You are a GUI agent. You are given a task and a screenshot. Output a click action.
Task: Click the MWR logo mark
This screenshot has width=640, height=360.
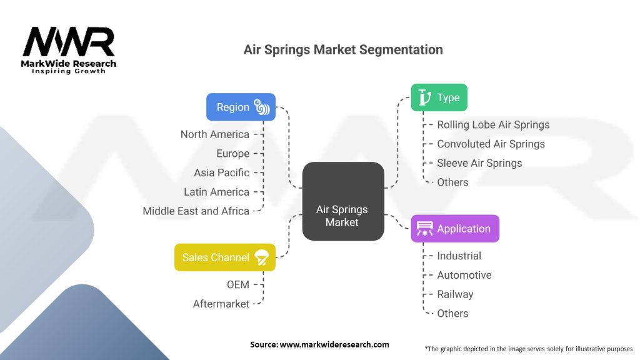(69, 42)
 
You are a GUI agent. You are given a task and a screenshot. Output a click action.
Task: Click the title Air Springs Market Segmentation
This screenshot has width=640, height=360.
(343, 50)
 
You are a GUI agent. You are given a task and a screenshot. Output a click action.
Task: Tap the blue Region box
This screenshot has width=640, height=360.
(241, 107)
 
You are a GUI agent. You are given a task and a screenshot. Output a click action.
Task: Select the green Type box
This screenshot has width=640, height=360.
(439, 97)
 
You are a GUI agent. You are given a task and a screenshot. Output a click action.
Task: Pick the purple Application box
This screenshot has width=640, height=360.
(455, 229)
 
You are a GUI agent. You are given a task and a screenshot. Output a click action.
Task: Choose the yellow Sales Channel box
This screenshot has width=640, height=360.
(225, 257)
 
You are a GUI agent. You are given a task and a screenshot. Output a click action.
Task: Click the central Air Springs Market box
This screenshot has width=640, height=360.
(343, 201)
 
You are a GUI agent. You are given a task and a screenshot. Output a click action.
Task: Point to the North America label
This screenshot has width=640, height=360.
(215, 134)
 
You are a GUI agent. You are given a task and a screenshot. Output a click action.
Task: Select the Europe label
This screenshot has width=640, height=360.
(232, 154)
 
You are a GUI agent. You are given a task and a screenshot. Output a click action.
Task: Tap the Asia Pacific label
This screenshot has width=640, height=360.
(222, 172)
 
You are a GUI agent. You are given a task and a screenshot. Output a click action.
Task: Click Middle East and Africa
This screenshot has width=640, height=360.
(196, 211)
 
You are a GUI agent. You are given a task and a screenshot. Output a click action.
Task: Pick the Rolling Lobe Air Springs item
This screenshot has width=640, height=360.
(493, 125)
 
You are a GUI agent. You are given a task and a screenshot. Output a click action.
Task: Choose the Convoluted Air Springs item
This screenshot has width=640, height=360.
(491, 144)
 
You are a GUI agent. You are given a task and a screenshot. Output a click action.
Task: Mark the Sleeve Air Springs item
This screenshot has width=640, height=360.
(479, 163)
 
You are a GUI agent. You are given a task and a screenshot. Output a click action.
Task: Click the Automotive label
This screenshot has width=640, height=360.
(464, 275)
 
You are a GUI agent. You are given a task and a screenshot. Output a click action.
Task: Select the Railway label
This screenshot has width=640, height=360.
(455, 294)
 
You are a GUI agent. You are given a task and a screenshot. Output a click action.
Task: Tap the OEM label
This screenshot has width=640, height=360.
(238, 284)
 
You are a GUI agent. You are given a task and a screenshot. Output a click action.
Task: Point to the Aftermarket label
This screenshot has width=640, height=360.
(221, 304)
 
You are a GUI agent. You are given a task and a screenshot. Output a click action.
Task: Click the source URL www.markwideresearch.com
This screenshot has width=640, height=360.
(334, 344)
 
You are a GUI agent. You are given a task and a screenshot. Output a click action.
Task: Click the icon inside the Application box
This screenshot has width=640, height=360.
(424, 229)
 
